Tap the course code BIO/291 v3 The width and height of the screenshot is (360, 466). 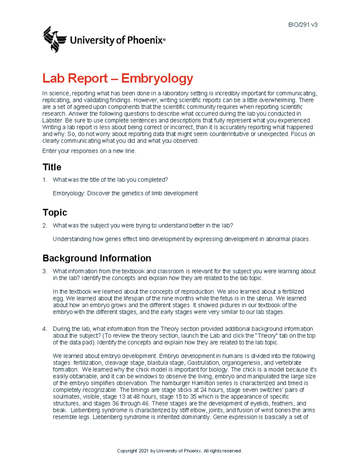[303, 25]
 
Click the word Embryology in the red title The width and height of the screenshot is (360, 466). [157, 78]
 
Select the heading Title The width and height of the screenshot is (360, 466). [52, 167]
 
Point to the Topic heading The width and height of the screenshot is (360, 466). [55, 212]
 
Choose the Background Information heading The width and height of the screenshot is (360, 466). [97, 258]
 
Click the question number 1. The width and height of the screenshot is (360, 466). [44, 180]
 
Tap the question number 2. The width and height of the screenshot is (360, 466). [44, 226]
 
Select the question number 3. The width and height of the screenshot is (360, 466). [44, 271]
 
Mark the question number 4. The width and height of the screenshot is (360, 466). [44, 329]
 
